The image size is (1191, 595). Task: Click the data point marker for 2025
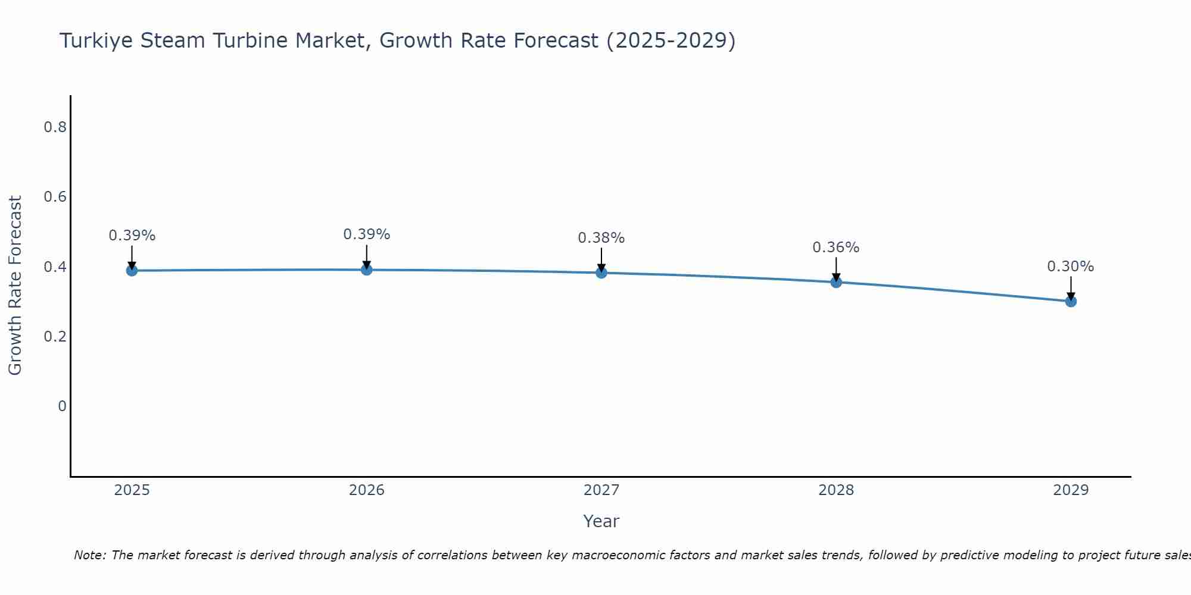tap(132, 271)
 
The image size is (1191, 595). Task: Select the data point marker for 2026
tap(366, 270)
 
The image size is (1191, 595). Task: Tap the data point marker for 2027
tap(601, 273)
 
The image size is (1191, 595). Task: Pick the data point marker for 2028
tap(836, 282)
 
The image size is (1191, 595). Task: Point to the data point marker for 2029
tap(1071, 301)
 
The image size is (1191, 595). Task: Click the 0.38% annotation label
tap(601, 238)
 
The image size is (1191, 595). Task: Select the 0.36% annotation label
tap(836, 248)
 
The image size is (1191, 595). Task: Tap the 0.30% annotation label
tap(1071, 267)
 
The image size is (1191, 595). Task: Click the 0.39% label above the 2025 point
tap(132, 236)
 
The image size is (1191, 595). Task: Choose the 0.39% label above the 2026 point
tap(366, 234)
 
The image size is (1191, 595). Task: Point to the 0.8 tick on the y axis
tap(55, 127)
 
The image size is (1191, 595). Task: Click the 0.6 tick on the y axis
tap(55, 196)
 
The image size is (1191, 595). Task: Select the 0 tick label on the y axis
tap(62, 406)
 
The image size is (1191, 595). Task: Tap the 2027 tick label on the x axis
tap(601, 490)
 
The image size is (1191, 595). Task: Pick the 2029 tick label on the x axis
tap(1071, 490)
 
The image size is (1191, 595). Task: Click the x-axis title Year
tap(601, 521)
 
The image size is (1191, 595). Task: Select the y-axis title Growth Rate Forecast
tap(15, 286)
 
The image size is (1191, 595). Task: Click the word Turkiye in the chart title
tap(96, 40)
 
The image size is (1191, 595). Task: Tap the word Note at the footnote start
tap(89, 555)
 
